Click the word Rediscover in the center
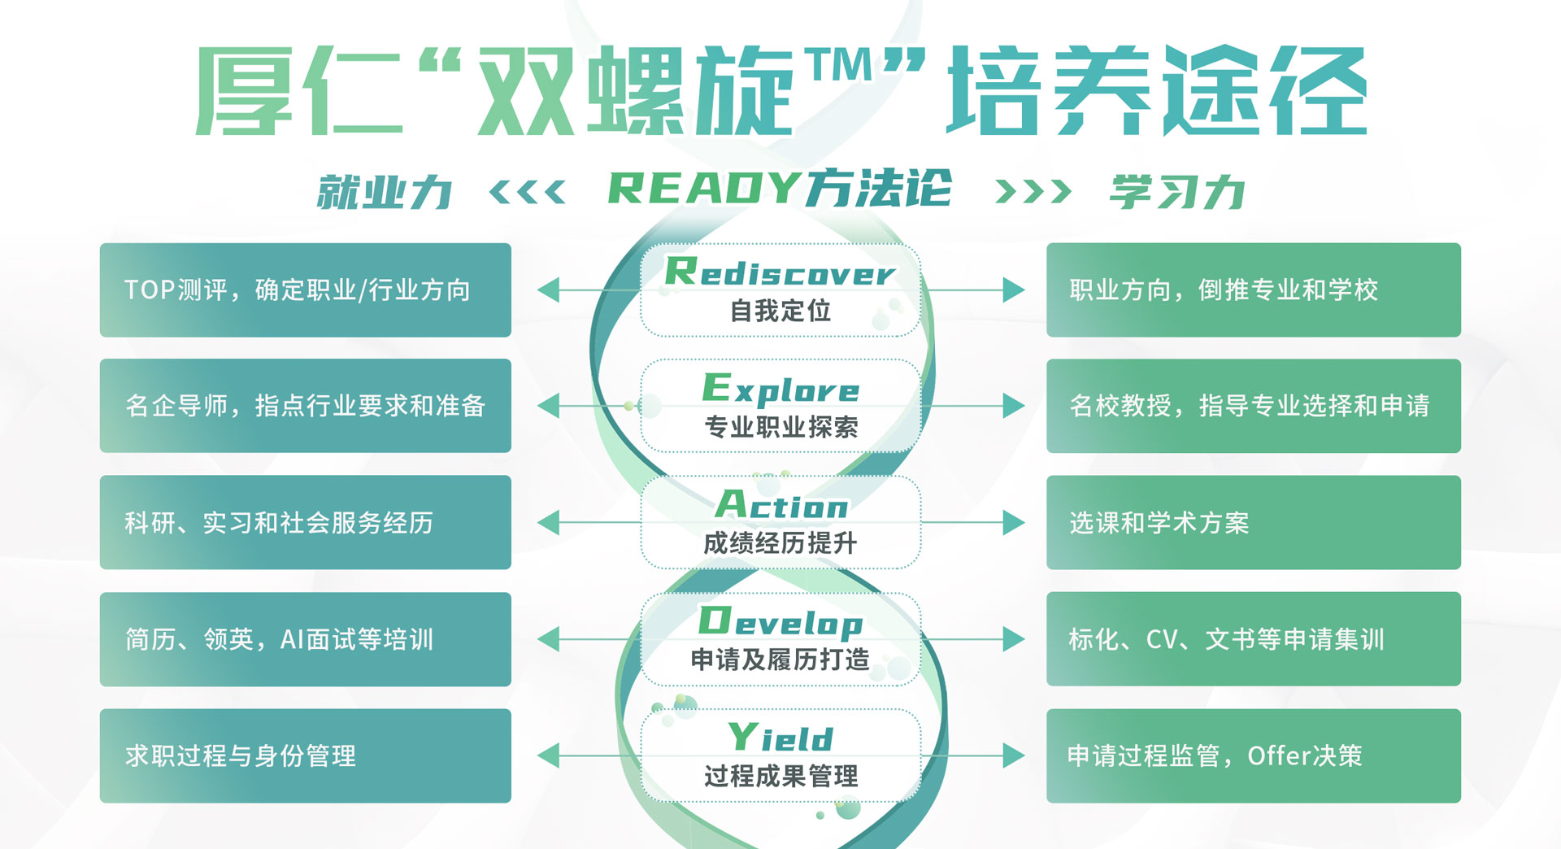point(780,272)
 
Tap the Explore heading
point(780,389)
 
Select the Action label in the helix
point(781,505)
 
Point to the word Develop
point(780,622)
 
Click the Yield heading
point(780,738)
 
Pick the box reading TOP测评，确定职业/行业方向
point(305,290)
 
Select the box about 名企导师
point(305,406)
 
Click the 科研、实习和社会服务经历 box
point(305,522)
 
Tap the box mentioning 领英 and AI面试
point(305,639)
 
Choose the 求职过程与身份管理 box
point(305,755)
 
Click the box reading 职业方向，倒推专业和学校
point(1253,290)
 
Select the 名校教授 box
point(1253,406)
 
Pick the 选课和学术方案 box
point(1253,522)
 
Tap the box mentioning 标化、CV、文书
point(1253,639)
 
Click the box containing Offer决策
point(1253,755)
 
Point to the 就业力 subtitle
point(385,193)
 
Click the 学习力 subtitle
point(1177,193)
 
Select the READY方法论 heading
point(779,189)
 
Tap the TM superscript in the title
point(838,65)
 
